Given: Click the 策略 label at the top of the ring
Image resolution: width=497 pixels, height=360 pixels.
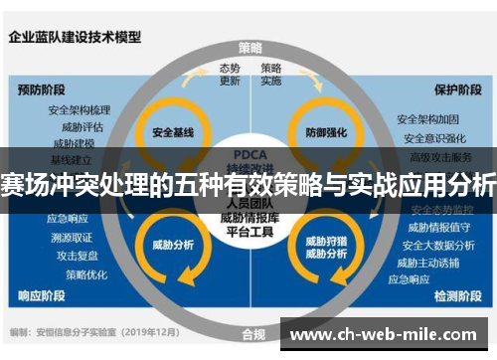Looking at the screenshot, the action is (250, 47).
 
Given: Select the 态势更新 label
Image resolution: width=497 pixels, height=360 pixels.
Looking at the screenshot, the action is (230, 74).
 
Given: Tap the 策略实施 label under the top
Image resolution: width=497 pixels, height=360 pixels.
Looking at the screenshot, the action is (271, 74).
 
